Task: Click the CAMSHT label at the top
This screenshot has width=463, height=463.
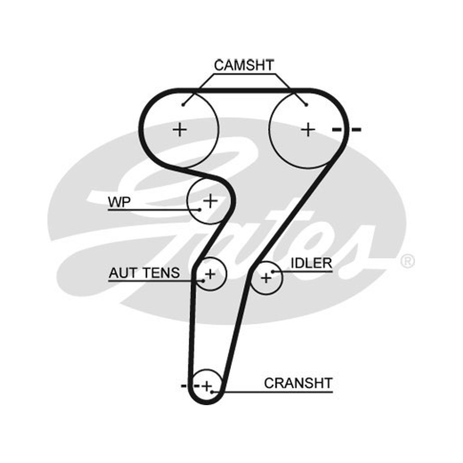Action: pos(244,65)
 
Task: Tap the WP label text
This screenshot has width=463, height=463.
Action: pos(119,202)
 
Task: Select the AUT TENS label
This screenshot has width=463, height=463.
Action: pos(144,273)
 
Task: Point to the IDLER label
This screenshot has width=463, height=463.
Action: pos(311,263)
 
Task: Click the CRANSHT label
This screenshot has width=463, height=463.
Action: pos(298,383)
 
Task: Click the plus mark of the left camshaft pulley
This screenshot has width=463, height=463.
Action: pos(179,130)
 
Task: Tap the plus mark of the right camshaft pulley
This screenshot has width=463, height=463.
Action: pos(308,130)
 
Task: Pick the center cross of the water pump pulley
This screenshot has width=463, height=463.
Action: pos(211,201)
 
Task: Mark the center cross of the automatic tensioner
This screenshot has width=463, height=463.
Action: pos(211,274)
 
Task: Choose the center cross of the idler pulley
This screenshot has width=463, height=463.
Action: pos(266,278)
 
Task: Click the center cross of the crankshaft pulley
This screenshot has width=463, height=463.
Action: pos(207,386)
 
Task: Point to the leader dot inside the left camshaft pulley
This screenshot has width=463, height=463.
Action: pos(183,105)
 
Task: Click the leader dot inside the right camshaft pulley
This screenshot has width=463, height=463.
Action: pos(307,105)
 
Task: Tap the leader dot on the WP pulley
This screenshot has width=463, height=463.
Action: pos(200,210)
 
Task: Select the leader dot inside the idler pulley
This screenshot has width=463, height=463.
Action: pos(273,271)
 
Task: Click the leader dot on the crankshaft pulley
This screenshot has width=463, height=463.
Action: pos(212,392)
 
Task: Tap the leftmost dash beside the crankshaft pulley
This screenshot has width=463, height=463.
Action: pos(183,386)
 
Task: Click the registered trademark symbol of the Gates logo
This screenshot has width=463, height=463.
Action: pos(407,261)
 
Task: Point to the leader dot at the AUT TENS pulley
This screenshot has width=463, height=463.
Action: pos(203,281)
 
